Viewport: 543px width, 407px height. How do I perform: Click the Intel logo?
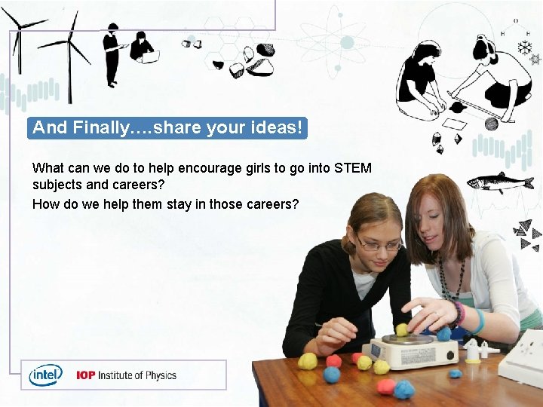45,375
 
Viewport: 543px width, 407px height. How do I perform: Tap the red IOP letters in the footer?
85,375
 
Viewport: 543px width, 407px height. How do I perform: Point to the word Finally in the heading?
109,127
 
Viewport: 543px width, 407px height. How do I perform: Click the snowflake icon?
523,47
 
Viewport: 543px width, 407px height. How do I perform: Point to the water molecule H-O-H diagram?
514,29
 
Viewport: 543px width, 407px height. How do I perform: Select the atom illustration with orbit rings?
346,43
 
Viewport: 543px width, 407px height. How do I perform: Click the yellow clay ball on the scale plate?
402,329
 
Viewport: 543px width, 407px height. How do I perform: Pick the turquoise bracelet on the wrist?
479,321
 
